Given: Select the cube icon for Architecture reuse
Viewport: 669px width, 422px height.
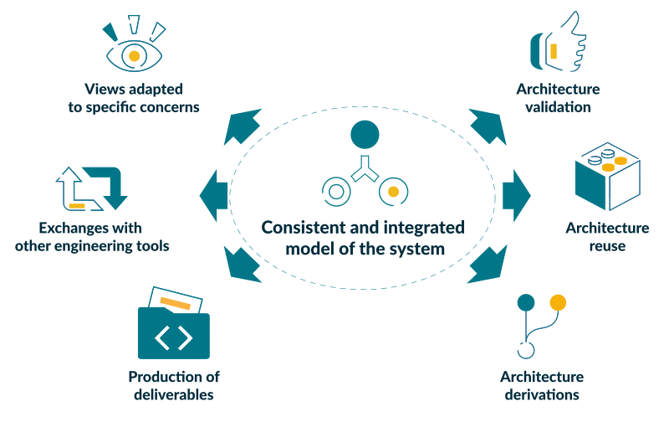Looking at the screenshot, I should click(x=605, y=177).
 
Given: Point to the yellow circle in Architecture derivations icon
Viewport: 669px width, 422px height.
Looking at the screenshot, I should click(x=558, y=302).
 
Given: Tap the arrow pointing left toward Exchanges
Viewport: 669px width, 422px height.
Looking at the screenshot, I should click(x=214, y=194).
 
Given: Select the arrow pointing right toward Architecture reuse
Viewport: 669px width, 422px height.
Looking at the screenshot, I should click(x=516, y=193).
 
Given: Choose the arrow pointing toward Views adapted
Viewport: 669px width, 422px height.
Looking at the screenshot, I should click(x=244, y=127).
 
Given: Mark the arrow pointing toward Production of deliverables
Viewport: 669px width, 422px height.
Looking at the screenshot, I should click(x=244, y=262).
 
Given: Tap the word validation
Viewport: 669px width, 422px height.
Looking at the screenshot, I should click(x=558, y=107).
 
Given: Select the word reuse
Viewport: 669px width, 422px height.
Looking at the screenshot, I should click(x=607, y=246).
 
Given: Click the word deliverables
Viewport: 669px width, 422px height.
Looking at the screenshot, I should click(x=173, y=394).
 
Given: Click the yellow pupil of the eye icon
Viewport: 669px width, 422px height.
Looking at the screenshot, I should click(x=133, y=56).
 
